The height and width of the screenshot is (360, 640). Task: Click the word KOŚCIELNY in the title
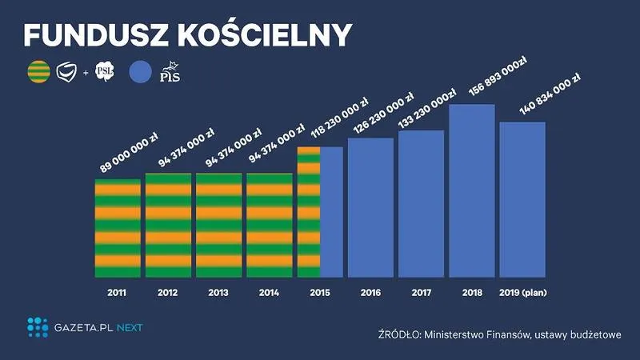(269, 35)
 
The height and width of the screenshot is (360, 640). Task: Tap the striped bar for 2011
(118, 228)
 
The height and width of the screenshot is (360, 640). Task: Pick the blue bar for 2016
(370, 207)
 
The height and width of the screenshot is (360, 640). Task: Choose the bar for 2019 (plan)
(522, 199)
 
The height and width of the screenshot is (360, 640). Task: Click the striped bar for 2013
(218, 225)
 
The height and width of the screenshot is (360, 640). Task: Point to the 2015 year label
(320, 292)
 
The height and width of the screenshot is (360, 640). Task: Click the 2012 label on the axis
(168, 292)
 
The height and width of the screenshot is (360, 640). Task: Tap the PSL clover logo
(105, 73)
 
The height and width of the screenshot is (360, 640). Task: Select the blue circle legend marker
(140, 74)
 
